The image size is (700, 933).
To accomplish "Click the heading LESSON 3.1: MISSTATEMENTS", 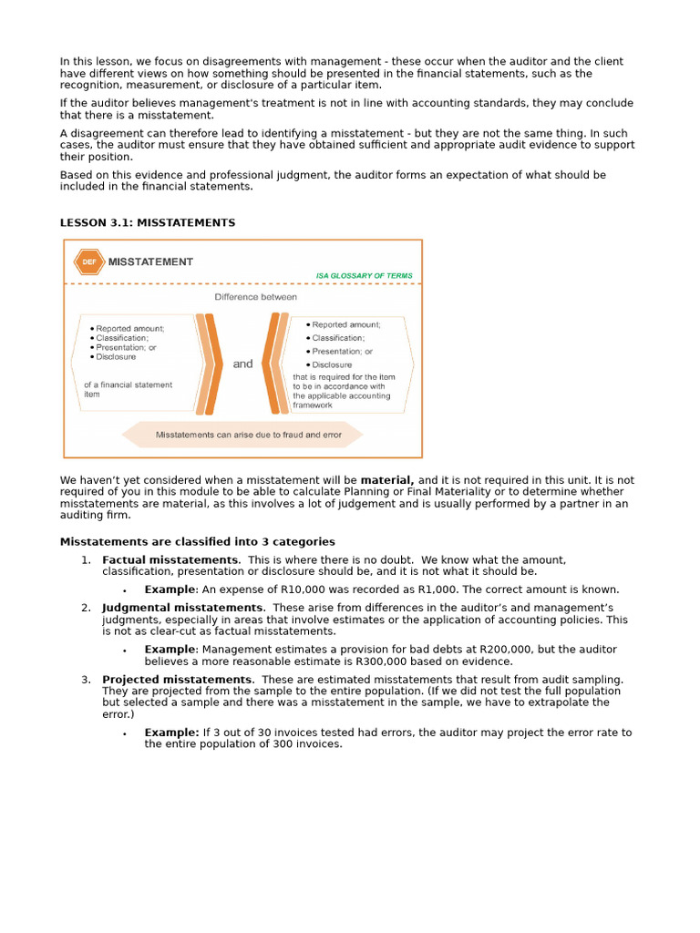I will pyautogui.click(x=147, y=222).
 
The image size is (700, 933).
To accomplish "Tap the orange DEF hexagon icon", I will pyautogui.click(x=88, y=261).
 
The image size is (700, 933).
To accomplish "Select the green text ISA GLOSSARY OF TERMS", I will pyautogui.click(x=364, y=275).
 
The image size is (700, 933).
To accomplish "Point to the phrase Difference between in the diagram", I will pyautogui.click(x=255, y=297).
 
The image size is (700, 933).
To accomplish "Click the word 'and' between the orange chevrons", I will pyautogui.click(x=242, y=364).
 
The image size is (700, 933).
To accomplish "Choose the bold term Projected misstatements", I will pyautogui.click(x=177, y=680).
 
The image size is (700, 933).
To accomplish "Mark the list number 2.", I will pyautogui.click(x=86, y=608).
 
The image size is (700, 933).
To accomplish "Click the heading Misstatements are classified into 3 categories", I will pyautogui.click(x=197, y=542).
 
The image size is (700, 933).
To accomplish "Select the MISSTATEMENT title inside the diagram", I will pyautogui.click(x=150, y=261).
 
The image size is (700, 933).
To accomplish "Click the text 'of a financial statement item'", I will pyautogui.click(x=128, y=389).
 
